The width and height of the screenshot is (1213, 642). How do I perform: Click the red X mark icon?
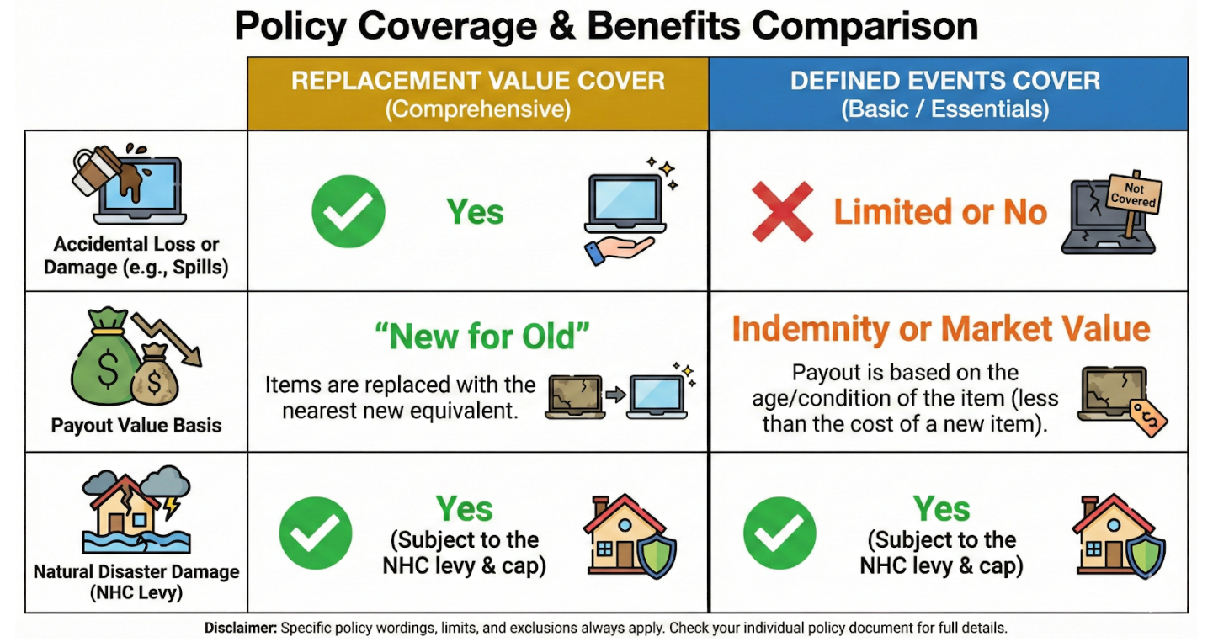(782, 212)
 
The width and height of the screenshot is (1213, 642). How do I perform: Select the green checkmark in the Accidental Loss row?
(348, 211)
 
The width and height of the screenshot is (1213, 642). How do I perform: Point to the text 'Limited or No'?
(940, 212)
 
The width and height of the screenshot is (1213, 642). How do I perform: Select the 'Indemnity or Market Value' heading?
(940, 328)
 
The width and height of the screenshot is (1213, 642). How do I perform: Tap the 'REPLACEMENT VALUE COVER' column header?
(477, 82)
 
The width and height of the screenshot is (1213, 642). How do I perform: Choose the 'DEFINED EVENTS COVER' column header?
(944, 82)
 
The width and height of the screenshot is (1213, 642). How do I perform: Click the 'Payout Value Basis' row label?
(136, 425)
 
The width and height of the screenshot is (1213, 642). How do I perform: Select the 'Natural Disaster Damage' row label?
(136, 572)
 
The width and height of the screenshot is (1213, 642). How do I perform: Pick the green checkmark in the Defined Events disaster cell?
(779, 533)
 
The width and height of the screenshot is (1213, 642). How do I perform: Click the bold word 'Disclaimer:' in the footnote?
(240, 628)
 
